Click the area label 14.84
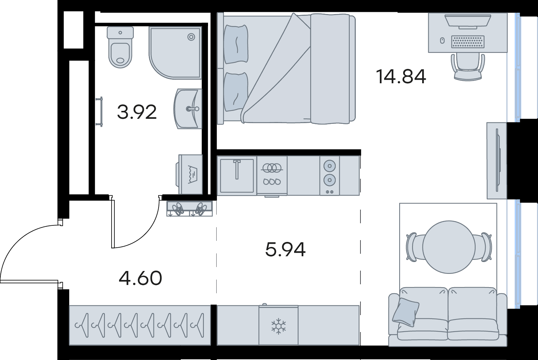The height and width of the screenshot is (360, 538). tap(401, 76)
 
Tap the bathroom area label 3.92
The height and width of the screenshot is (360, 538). tap(137, 112)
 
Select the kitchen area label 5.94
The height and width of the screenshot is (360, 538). tap(285, 249)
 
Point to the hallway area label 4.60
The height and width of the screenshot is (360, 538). tap(140, 278)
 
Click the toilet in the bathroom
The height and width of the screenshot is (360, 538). tap(120, 47)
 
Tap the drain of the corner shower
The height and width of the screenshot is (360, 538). tap(191, 37)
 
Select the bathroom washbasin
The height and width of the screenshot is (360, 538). tap(188, 109)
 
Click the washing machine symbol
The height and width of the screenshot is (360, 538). tap(189, 174)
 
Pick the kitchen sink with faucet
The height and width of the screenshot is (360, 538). tap(237, 176)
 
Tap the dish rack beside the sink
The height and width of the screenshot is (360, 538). tap(272, 176)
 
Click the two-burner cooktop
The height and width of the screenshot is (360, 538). tap(330, 176)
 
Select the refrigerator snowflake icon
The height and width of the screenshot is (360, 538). tap(279, 326)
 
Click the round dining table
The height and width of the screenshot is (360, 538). tap(449, 247)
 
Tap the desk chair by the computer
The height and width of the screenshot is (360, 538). tap(468, 66)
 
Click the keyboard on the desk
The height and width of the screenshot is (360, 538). tap(468, 42)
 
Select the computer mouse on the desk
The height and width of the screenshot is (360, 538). tap(442, 41)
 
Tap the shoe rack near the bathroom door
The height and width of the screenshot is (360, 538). tap(189, 209)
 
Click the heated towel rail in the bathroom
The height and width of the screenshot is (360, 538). tap(100, 112)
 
